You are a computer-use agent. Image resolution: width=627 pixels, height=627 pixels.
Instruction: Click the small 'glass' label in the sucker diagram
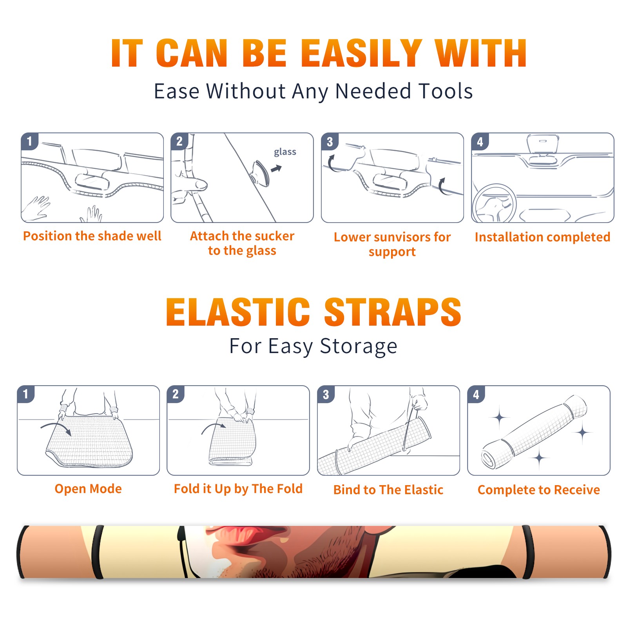[285, 152]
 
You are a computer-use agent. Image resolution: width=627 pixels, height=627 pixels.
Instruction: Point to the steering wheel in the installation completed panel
[495, 204]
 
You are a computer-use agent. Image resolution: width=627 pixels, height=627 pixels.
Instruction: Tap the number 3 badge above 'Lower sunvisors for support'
[330, 142]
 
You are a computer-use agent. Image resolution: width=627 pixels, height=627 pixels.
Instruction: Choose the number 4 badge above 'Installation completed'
[480, 142]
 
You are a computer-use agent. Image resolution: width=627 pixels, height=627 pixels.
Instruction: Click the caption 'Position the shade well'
[92, 236]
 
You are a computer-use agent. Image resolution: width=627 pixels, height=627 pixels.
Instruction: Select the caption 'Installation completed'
[542, 237]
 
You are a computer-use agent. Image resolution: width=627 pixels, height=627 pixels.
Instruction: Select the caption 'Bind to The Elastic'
[388, 490]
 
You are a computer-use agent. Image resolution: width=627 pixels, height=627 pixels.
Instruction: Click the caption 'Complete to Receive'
[539, 490]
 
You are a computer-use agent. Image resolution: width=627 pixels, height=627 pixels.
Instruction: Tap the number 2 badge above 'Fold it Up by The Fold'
[176, 394]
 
